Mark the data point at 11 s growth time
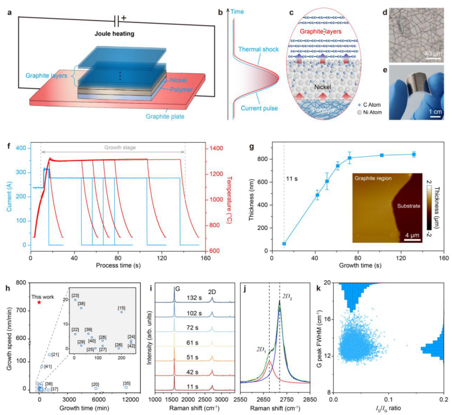[284, 243]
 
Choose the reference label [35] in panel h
[126, 384]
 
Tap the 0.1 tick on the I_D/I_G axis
[388, 400]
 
